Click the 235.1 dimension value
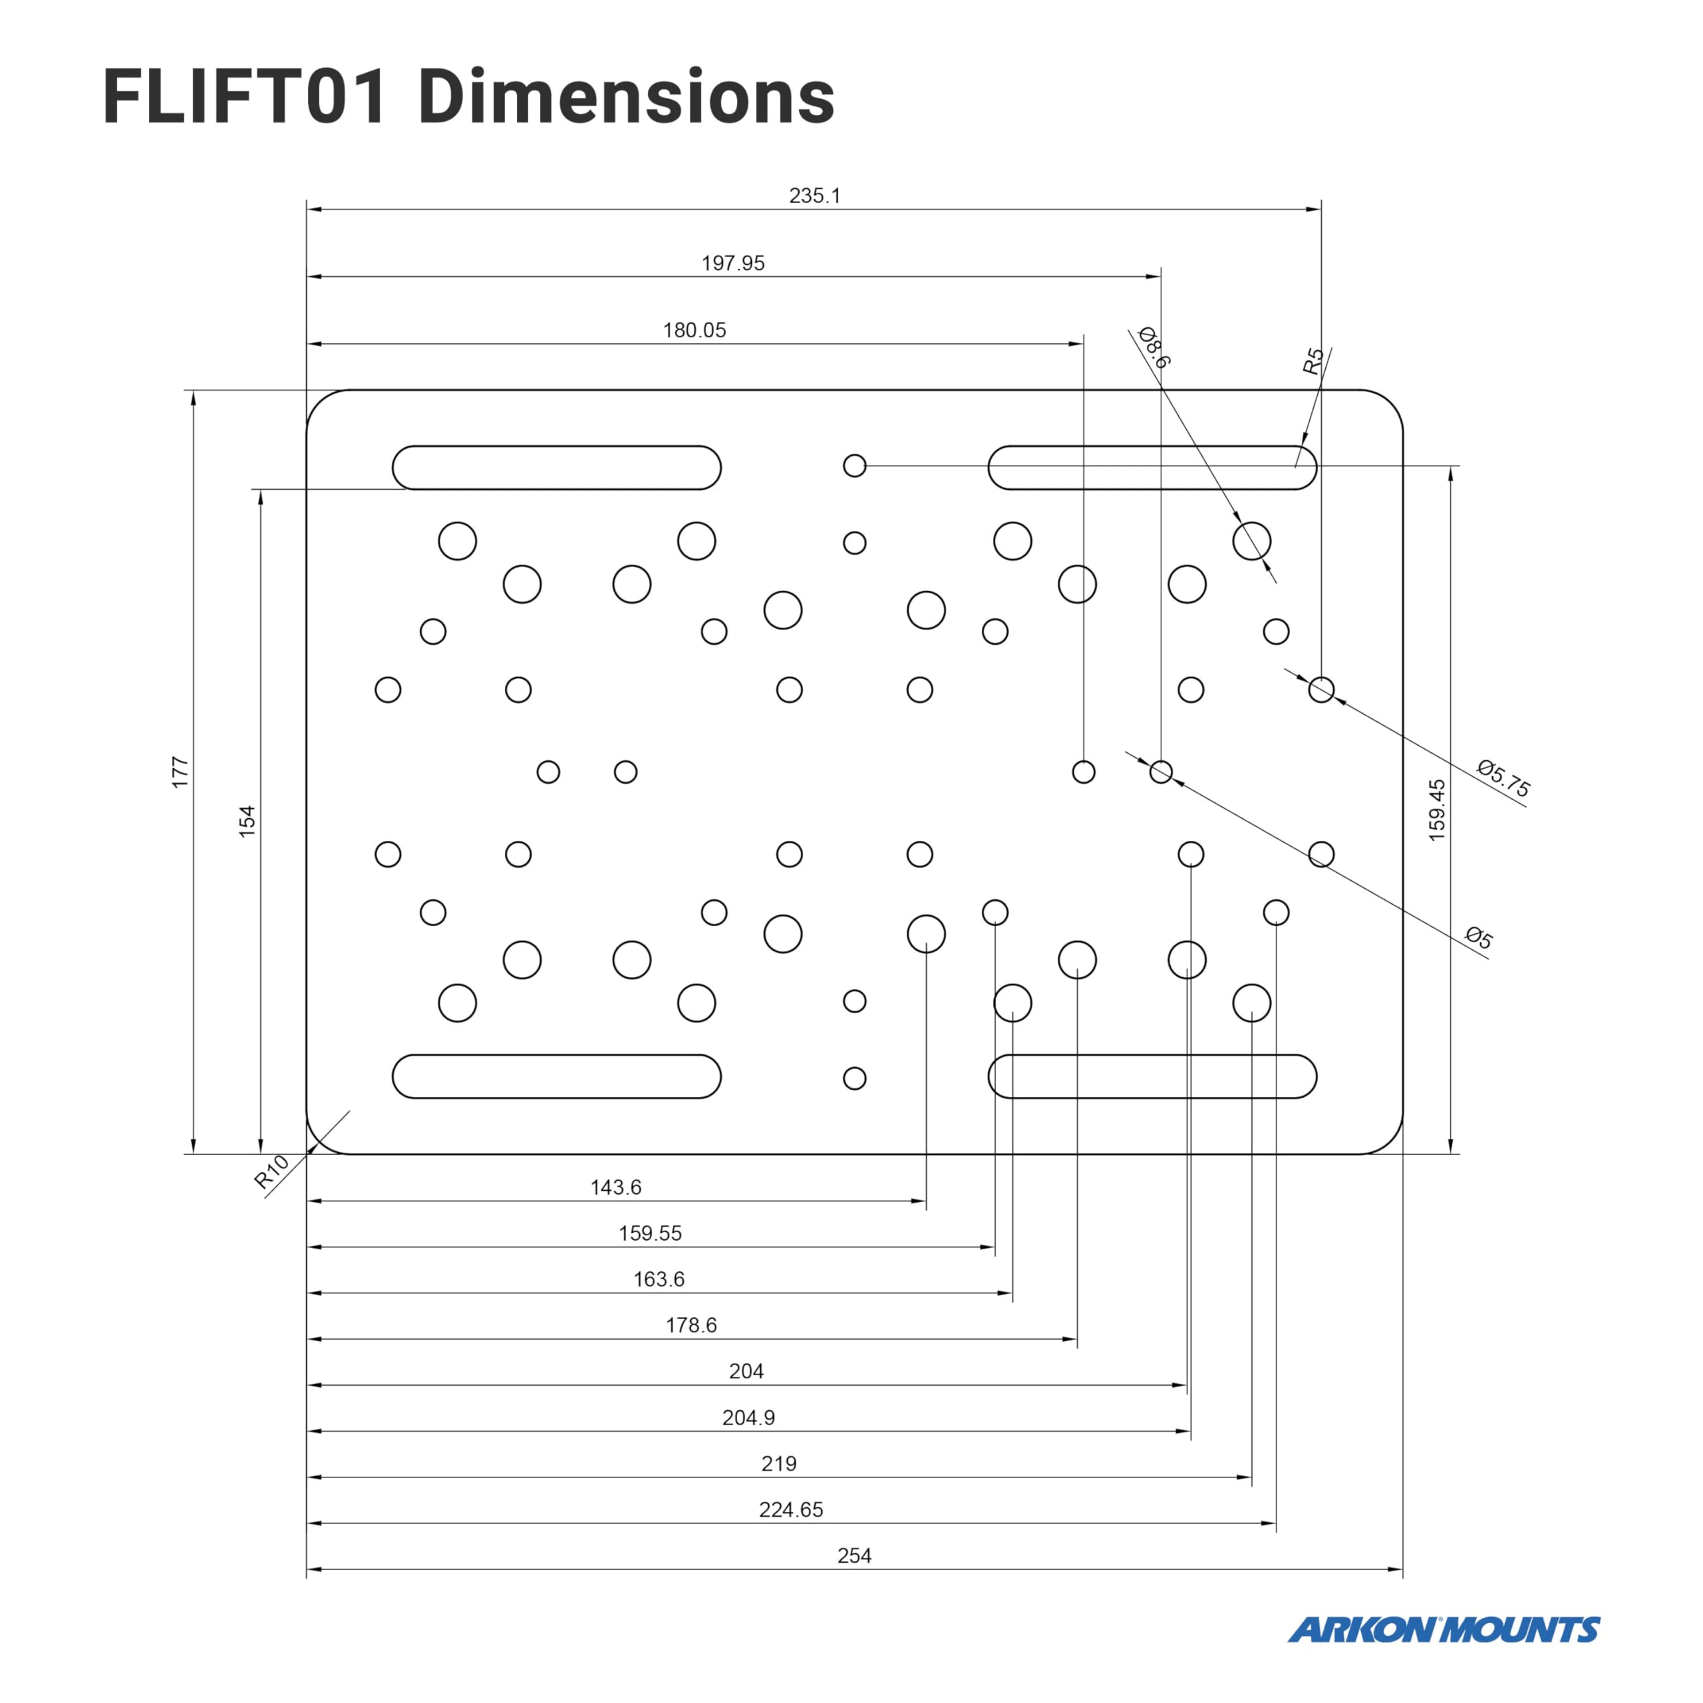[x=814, y=196]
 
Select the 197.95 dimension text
[x=732, y=263]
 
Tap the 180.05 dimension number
[x=695, y=331]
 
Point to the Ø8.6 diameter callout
[x=1154, y=347]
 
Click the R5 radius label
[x=1313, y=361]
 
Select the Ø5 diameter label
[x=1479, y=937]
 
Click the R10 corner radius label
[x=271, y=1172]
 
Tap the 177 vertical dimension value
[x=180, y=772]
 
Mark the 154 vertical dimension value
[x=247, y=821]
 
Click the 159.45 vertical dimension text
[x=1437, y=809]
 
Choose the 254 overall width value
[x=854, y=1556]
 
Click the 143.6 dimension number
[x=615, y=1187]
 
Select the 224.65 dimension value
[x=791, y=1510]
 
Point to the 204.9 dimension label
[x=748, y=1418]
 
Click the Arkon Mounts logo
[x=1443, y=1630]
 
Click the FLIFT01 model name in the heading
[x=245, y=97]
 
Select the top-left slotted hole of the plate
[x=556, y=467]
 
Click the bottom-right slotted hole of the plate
[x=1152, y=1076]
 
